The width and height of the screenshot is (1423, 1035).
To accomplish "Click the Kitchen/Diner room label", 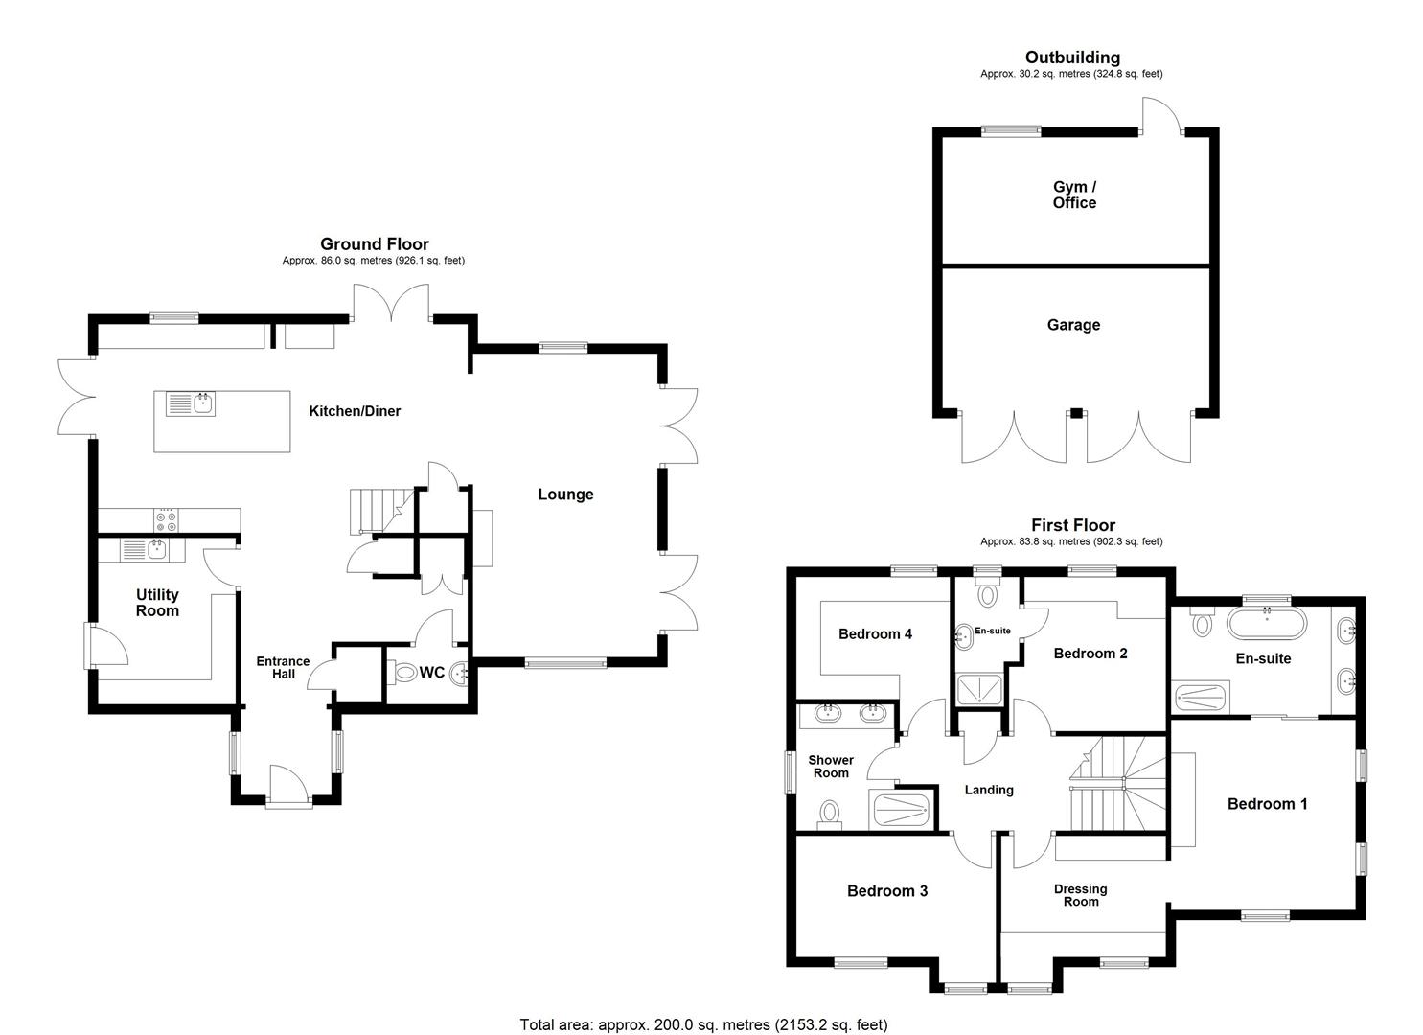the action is tap(355, 411).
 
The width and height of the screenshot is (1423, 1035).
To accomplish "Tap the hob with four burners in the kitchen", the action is tap(167, 520).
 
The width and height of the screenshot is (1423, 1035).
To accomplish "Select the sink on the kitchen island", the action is tap(191, 403).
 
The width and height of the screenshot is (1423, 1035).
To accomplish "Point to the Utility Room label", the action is tap(157, 603).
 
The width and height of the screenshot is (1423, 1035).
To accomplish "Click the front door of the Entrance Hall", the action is tap(289, 785).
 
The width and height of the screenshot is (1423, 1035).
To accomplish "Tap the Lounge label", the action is tap(565, 494).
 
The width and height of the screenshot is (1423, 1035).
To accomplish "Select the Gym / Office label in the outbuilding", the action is tap(1074, 195).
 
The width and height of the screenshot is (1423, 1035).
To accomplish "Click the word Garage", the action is tap(1073, 325).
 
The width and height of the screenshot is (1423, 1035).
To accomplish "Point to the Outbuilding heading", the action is tap(1072, 57).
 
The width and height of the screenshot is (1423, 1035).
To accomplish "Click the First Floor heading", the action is tap(1073, 525).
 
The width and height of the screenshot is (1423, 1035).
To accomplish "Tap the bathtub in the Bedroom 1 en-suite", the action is tap(1267, 623).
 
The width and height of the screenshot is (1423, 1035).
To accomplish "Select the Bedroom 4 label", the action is tap(875, 633).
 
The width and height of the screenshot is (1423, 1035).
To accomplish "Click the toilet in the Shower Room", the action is tap(829, 814).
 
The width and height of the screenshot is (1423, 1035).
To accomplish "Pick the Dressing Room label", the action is tap(1081, 894).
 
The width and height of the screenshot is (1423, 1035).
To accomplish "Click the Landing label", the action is tap(989, 790).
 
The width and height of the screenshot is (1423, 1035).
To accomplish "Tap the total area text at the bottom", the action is tap(704, 1024).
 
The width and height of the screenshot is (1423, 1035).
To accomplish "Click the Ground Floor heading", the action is tap(374, 244).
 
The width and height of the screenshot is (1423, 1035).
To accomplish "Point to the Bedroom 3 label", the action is tap(886, 891).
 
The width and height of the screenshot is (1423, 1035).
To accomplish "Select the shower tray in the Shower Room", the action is tap(902, 812).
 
